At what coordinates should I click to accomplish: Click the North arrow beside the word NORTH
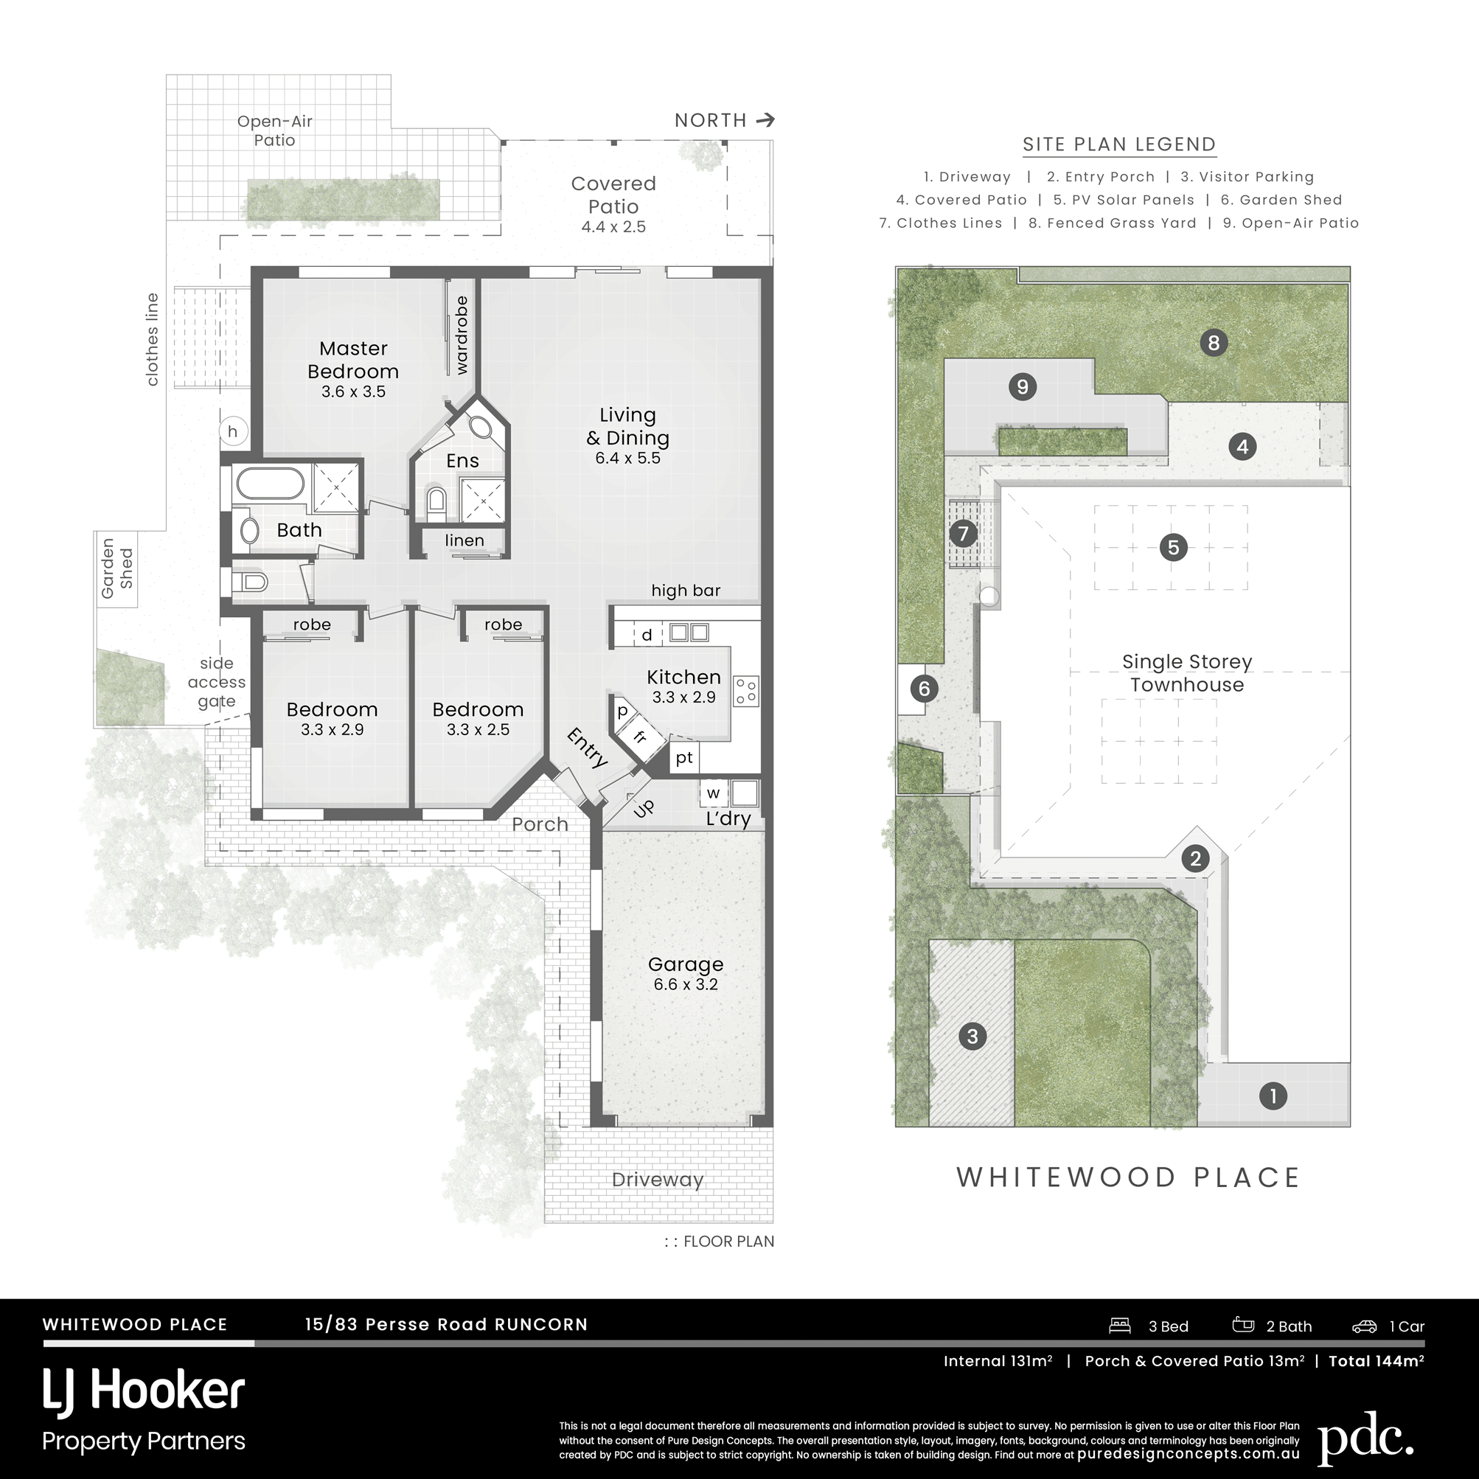pos(765,120)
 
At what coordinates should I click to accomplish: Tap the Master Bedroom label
pos(353,360)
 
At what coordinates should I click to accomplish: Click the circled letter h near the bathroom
pos(233,432)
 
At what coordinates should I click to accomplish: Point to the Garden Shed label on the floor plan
pos(117,568)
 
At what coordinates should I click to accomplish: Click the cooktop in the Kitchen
pos(745,691)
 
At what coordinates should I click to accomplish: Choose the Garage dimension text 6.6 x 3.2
pos(685,984)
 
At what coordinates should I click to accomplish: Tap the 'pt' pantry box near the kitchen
pos(684,758)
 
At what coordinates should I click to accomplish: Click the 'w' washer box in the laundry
pos(714,793)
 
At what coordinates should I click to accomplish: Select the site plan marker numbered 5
pos(1173,546)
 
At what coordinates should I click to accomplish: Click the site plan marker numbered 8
pos(1214,342)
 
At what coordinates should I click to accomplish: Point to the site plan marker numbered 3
pos(972,1037)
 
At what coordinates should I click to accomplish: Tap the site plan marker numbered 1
pos(1273,1096)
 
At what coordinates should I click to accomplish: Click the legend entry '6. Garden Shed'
pos(1281,200)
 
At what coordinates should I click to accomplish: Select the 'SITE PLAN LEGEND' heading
pos(1119,144)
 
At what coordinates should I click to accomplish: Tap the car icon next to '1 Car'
pos(1364,1326)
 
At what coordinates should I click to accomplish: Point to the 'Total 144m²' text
pos(1377,1360)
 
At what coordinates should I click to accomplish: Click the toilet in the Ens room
pos(436,499)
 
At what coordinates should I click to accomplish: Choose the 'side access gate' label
pos(217,682)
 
